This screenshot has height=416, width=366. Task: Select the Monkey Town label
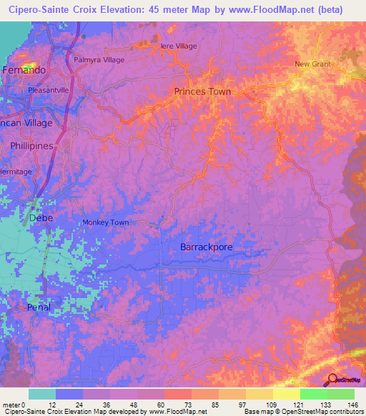point(105,222)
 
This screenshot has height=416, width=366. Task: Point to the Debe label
point(40,217)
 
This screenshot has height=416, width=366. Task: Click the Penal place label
point(39,307)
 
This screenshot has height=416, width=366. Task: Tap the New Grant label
point(313,64)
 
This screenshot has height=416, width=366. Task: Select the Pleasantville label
point(48,91)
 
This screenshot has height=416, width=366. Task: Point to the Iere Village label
point(178,46)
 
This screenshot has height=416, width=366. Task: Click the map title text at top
point(176,10)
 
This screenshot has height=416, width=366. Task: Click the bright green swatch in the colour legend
point(313,394)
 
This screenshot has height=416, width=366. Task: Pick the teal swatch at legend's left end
point(42,394)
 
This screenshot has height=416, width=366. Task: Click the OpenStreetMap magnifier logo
point(333,379)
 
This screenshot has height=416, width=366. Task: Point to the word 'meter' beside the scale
point(12,405)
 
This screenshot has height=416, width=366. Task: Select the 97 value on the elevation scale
point(243,405)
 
